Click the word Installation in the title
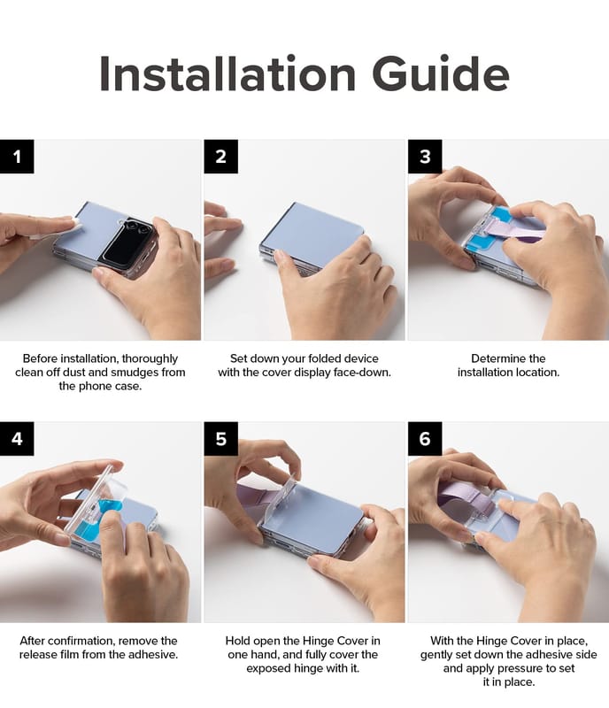coord(227,73)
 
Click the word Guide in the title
coord(441,73)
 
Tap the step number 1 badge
coord(17,157)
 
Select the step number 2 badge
coord(221,157)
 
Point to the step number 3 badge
coord(425,157)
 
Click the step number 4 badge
coord(17,438)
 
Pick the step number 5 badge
coord(221,438)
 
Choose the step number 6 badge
coord(425,438)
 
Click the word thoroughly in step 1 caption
coord(150,359)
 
